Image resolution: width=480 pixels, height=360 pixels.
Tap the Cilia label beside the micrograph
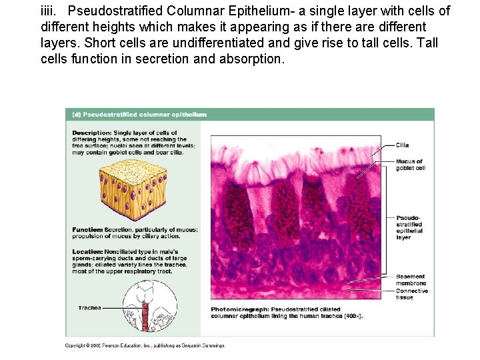(x=402, y=145)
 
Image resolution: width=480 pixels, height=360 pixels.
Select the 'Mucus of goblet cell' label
(x=409, y=165)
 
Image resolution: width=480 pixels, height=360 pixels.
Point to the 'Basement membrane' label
(x=410, y=280)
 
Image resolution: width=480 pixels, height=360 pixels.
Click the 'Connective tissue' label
(x=411, y=294)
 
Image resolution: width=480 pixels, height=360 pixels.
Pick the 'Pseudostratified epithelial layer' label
(x=409, y=227)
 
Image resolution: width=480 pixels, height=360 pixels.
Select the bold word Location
(x=87, y=252)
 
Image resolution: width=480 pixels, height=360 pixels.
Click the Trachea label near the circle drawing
(x=89, y=307)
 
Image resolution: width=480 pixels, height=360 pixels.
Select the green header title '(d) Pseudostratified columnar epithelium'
(x=139, y=115)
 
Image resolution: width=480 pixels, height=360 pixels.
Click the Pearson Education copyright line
(x=145, y=345)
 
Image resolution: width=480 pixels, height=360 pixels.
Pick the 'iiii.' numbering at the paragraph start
(x=50, y=11)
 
